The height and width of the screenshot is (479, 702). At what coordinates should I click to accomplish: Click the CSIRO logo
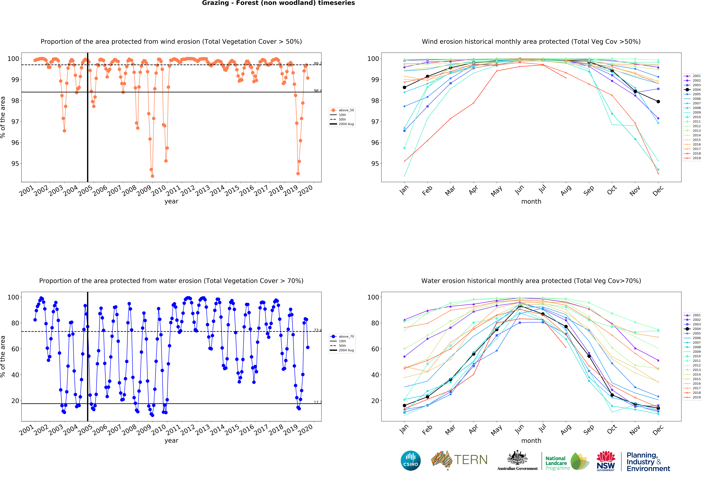[x=411, y=461]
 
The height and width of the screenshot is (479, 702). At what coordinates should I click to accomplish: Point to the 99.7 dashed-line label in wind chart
[x=317, y=64]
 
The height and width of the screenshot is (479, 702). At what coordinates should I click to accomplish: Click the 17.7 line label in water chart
[x=317, y=402]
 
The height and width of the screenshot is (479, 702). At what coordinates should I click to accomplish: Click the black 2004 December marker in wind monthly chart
[x=658, y=102]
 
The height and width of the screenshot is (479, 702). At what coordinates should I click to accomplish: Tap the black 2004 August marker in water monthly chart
[x=566, y=327]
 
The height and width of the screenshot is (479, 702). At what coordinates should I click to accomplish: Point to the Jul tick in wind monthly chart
[x=543, y=189]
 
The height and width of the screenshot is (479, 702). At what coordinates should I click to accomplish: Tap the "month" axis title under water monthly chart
[x=531, y=441]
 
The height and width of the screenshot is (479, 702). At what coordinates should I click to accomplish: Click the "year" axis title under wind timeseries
[x=171, y=201]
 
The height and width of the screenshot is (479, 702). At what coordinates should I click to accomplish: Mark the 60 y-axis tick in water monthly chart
[x=375, y=349]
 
